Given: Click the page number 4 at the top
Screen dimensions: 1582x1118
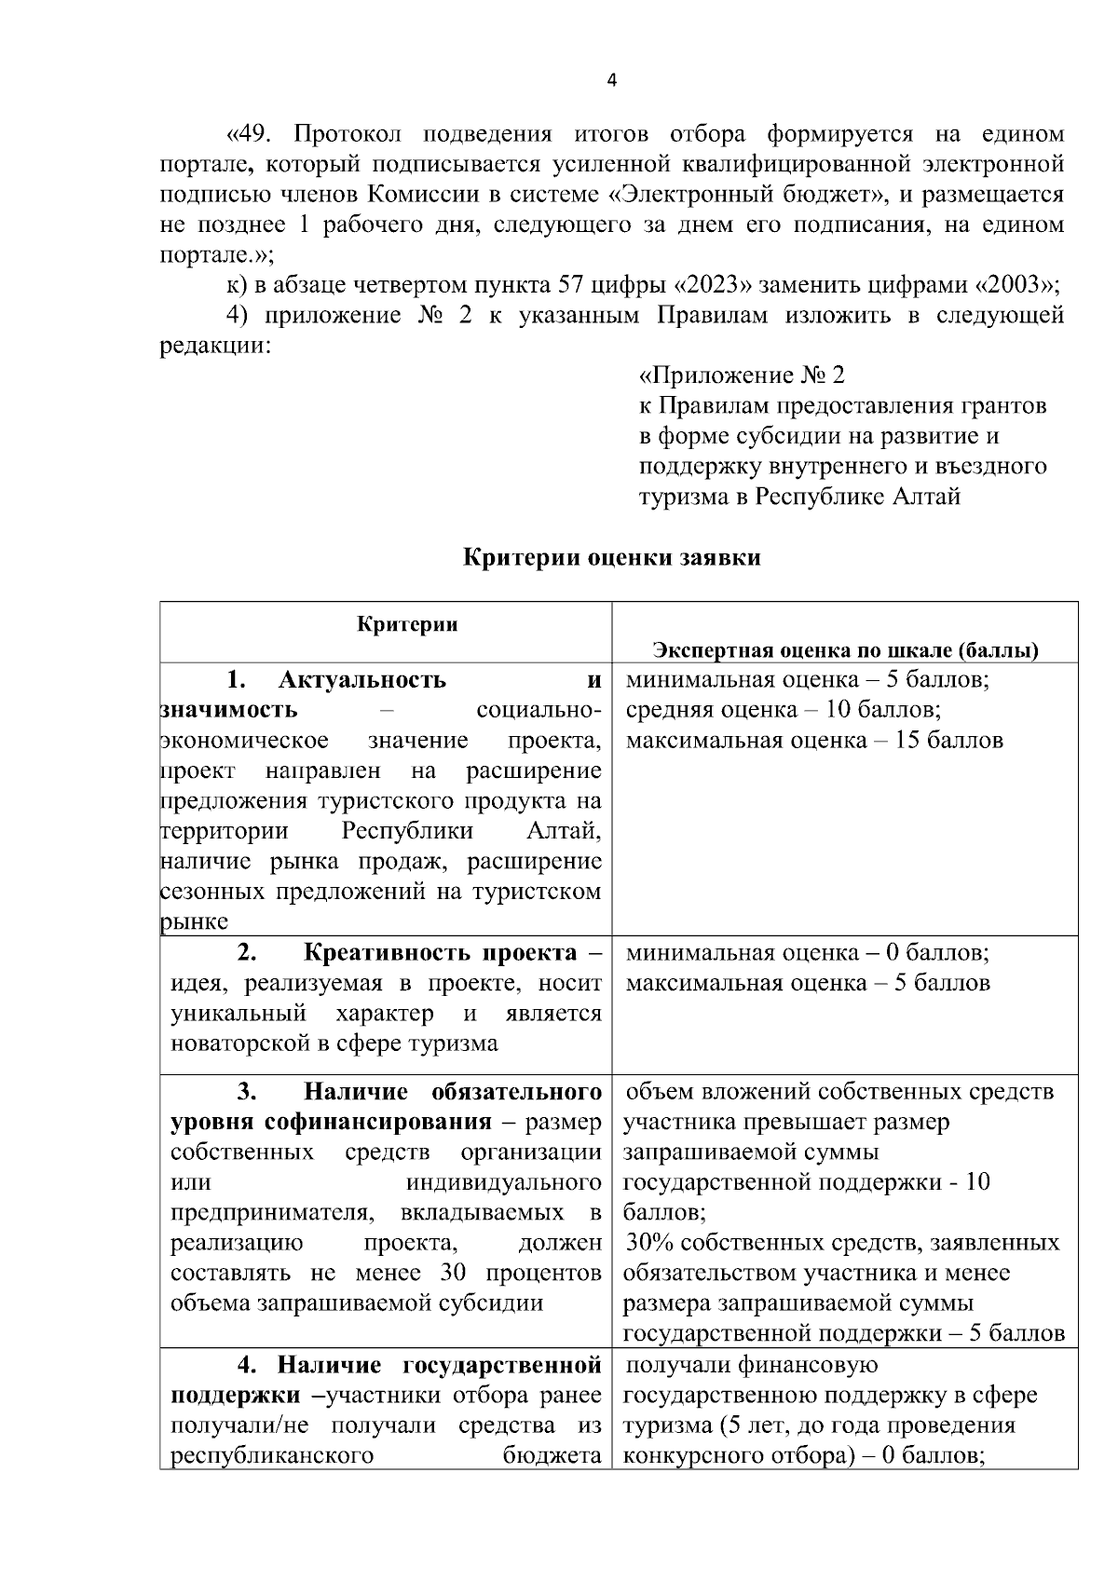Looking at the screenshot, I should click(x=611, y=81).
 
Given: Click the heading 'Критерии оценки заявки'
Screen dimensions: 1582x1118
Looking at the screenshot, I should click(x=611, y=558).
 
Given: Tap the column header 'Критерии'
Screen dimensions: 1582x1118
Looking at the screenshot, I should click(x=407, y=624).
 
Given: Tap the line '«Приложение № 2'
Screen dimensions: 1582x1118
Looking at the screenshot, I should click(x=742, y=375).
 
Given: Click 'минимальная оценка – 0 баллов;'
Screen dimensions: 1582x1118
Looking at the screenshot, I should click(x=807, y=953).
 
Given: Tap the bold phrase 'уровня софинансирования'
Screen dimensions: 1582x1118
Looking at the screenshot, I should click(x=332, y=1122).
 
